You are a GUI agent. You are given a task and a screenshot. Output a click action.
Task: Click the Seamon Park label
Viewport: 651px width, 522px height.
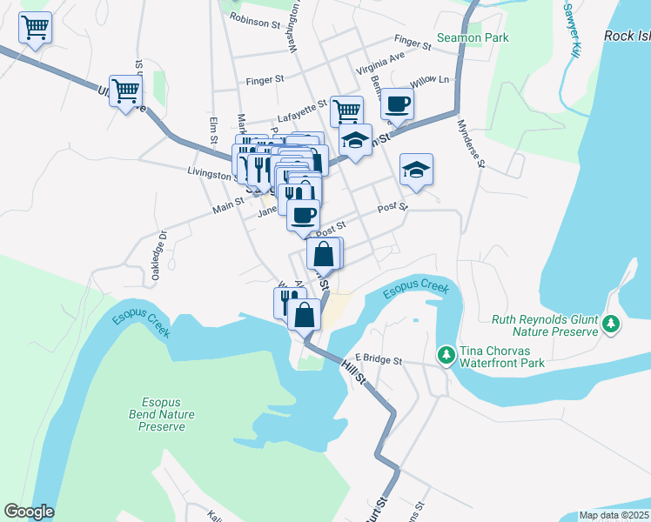[x=473, y=37]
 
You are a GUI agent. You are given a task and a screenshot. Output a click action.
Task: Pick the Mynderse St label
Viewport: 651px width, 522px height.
[x=468, y=137]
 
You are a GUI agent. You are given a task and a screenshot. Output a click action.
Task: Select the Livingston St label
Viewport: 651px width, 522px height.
[x=211, y=173]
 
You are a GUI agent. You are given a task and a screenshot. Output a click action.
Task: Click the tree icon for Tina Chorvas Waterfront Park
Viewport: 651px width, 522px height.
[x=446, y=355]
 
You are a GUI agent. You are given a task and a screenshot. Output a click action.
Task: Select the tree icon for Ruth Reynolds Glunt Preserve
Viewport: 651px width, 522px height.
[x=612, y=324]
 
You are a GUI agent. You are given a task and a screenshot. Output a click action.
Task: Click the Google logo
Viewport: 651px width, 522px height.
[x=29, y=512]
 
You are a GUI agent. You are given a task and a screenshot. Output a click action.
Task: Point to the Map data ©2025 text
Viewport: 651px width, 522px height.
[x=614, y=515]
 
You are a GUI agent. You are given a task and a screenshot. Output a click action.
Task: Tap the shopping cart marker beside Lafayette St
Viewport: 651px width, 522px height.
[x=346, y=110]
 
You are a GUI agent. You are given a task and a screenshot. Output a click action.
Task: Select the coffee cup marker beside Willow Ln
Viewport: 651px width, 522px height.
[x=397, y=104]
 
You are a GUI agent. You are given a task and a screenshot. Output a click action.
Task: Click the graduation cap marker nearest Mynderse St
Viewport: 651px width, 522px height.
[x=416, y=170]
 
